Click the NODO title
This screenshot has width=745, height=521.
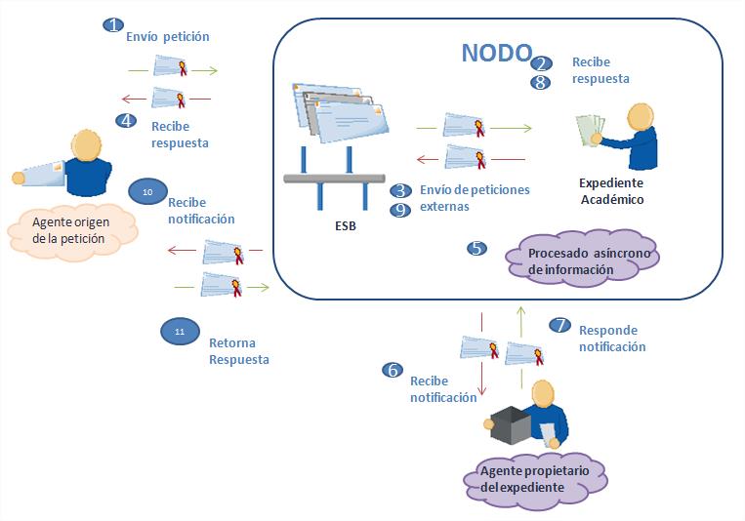496,53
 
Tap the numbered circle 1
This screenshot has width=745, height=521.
114,24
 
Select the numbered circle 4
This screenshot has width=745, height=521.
125,120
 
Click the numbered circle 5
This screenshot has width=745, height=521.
476,248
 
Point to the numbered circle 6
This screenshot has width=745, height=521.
393,370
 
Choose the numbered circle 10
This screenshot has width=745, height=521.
146,192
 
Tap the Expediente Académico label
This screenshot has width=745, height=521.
611,191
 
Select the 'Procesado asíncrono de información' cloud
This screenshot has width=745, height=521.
583,260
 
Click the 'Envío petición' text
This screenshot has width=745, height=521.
168,37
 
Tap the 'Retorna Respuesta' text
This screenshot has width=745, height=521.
238,350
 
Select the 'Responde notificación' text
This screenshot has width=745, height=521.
611,338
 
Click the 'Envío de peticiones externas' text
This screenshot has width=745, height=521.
474,198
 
